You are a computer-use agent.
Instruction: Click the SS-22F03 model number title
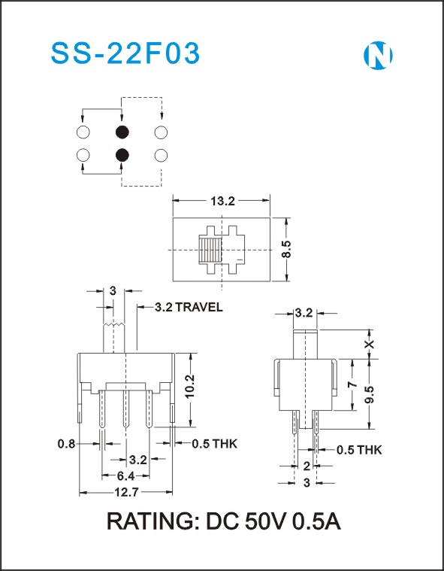point(125,54)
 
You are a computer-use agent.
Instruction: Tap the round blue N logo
point(378,56)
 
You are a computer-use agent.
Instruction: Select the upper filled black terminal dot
point(122,132)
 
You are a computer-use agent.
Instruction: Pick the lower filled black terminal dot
point(122,156)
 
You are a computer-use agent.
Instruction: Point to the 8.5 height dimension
point(286,250)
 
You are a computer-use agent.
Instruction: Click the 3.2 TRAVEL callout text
point(189,308)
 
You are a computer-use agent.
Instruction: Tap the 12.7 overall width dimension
point(126,493)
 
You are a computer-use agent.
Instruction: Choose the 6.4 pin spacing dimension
point(126,475)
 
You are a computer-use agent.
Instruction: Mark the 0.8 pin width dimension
point(66,444)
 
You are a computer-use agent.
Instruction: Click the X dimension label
point(370,344)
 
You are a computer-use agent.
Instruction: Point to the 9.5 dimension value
point(370,394)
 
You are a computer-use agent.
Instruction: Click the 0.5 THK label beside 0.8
point(215,444)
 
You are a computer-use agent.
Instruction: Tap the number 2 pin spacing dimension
point(307,466)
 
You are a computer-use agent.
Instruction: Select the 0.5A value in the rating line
point(317,522)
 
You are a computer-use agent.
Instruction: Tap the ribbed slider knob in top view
point(210,250)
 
